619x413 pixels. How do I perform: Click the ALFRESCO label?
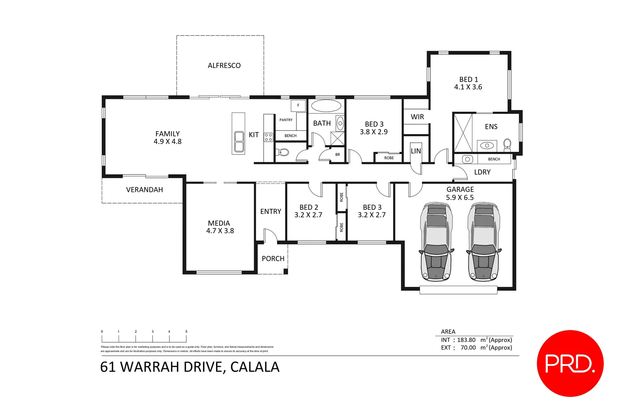pyautogui.click(x=224, y=65)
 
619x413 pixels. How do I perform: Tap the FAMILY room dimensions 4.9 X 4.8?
pyautogui.click(x=168, y=141)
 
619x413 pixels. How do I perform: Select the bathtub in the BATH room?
pyautogui.click(x=326, y=106)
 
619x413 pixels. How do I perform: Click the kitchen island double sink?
pyautogui.click(x=239, y=141)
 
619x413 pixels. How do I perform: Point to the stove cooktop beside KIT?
pyautogui.click(x=268, y=137)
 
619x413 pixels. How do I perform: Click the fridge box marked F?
pyautogui.click(x=298, y=105)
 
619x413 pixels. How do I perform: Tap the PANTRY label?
pyautogui.click(x=286, y=120)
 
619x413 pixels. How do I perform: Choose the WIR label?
pyautogui.click(x=417, y=117)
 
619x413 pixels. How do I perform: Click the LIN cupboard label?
pyautogui.click(x=416, y=151)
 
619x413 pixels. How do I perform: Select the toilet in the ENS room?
pyautogui.click(x=507, y=144)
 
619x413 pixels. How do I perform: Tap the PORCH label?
pyautogui.click(x=273, y=259)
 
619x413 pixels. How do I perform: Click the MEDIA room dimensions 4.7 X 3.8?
pyautogui.click(x=220, y=231)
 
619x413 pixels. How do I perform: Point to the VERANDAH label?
pyautogui.click(x=145, y=190)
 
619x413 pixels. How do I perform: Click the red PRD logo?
pyautogui.click(x=570, y=363)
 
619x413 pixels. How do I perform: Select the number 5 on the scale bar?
pyautogui.click(x=186, y=332)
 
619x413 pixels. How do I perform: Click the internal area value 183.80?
pyautogui.click(x=466, y=340)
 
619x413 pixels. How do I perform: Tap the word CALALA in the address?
pyautogui.click(x=255, y=367)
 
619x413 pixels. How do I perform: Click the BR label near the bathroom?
pyautogui.click(x=337, y=154)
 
